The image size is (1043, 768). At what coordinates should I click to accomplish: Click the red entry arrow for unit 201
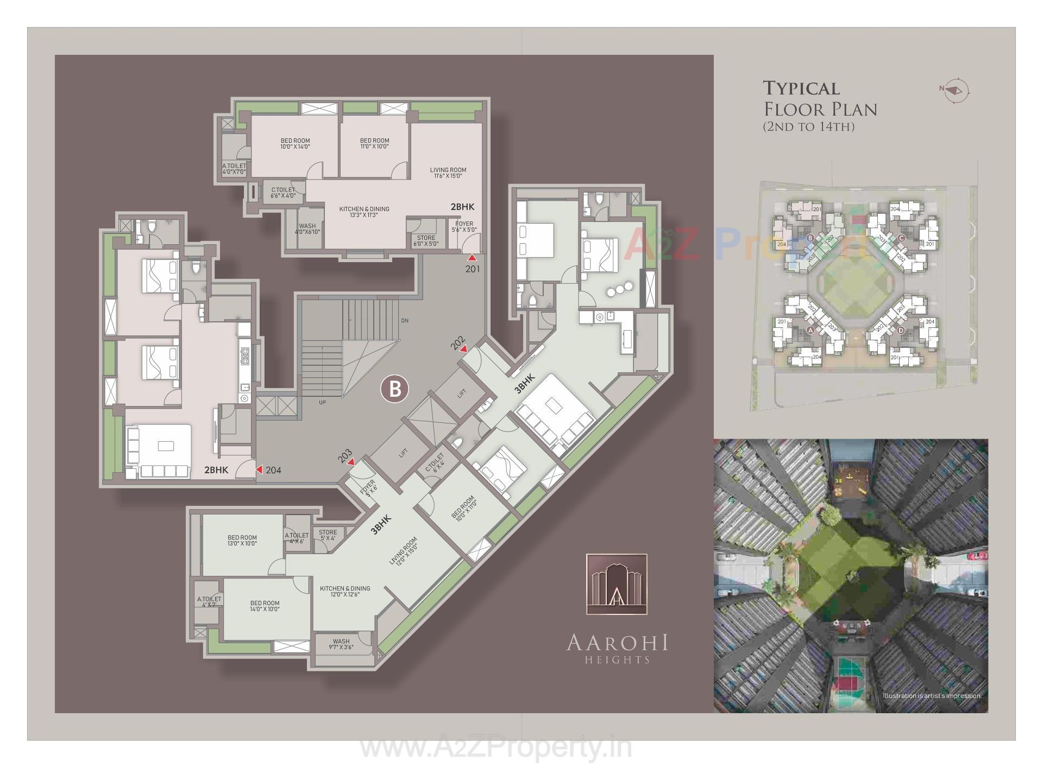coord(473,258)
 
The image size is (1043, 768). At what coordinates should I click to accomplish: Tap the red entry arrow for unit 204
coord(259,469)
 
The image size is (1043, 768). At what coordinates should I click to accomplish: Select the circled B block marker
coord(395,389)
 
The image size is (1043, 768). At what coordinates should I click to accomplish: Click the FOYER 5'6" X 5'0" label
coord(464,227)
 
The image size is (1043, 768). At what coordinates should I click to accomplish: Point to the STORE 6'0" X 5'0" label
coord(426,240)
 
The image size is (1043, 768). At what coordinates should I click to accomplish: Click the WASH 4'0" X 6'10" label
coord(307,229)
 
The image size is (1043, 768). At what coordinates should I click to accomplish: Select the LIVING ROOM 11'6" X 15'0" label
coord(448,173)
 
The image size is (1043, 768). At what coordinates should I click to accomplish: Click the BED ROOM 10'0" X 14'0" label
coord(295,143)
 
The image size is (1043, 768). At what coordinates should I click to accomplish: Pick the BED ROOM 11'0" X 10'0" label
coord(374,143)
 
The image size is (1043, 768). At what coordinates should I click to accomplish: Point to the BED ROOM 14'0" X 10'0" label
coord(265,606)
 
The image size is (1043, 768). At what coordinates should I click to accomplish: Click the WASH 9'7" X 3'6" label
coord(341,644)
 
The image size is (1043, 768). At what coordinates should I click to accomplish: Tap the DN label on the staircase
coord(404,321)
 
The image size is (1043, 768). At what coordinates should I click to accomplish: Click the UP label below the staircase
coord(322,403)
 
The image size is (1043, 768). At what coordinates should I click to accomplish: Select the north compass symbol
coord(956,90)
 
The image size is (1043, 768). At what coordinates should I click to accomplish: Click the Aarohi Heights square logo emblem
coord(617,584)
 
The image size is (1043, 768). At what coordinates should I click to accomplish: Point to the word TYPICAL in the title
coord(801,88)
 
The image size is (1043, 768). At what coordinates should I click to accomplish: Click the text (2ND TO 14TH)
coord(809,127)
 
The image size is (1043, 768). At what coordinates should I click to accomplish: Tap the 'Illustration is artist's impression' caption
coord(932,696)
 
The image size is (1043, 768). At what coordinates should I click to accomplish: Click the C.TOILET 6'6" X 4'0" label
coord(283,193)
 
